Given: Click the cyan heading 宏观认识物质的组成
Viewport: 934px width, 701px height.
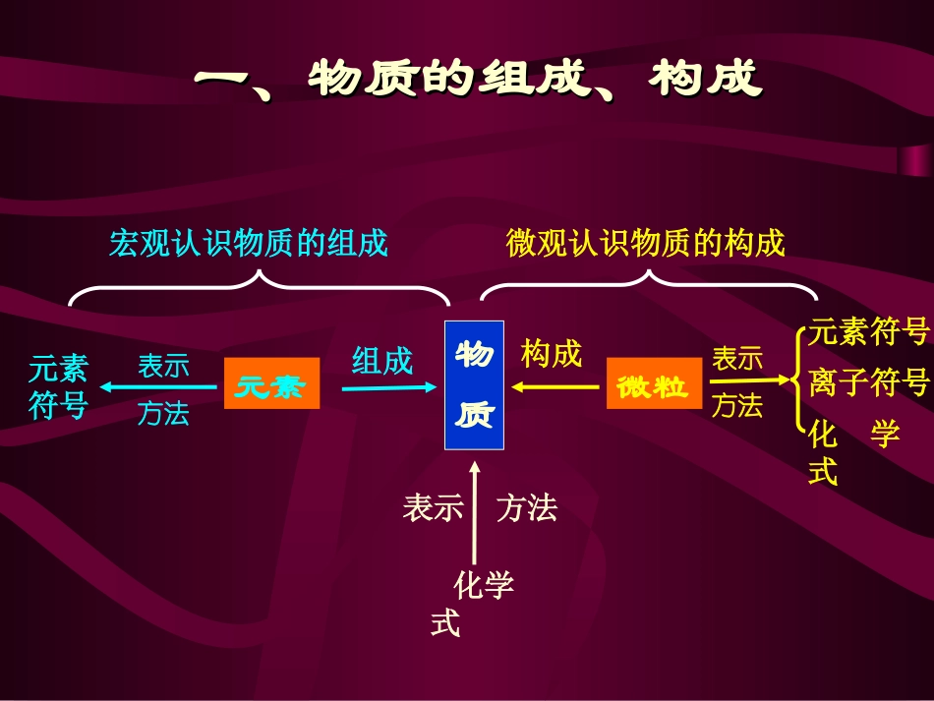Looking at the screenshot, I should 249,243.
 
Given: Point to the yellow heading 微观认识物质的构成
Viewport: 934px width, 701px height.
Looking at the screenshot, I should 646,243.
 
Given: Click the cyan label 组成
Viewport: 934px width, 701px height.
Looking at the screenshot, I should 382,361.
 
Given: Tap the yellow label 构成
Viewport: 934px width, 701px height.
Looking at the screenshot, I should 552,354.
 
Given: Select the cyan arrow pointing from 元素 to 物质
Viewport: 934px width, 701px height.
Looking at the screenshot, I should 388,387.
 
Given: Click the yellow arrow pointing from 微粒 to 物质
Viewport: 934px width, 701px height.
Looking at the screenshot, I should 555,386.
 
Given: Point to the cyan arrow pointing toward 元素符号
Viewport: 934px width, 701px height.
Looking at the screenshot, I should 157,387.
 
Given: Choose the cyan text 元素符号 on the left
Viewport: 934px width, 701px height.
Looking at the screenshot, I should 59,387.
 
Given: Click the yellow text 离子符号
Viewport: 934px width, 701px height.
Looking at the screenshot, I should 869,381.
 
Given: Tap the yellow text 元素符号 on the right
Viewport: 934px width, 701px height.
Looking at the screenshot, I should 869,332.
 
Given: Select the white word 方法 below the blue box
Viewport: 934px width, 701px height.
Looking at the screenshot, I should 527,507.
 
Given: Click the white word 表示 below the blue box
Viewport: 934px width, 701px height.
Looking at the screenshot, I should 433,507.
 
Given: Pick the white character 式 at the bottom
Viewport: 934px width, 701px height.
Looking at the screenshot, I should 445,624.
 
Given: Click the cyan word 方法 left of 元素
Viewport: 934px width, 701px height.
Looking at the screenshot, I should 163,414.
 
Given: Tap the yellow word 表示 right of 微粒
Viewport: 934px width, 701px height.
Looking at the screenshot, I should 737,359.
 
